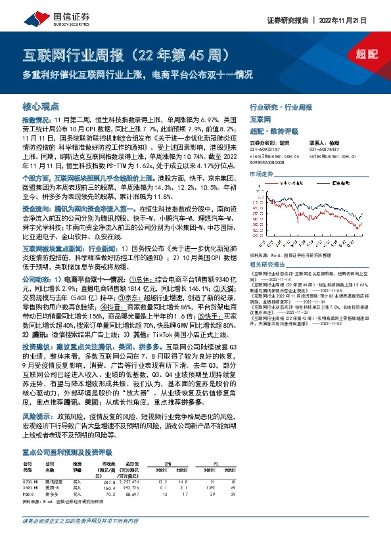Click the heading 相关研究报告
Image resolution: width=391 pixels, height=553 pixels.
pyautogui.click(x=266, y=263)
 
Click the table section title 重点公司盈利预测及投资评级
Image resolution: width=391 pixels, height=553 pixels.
pyautogui.click(x=67, y=453)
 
